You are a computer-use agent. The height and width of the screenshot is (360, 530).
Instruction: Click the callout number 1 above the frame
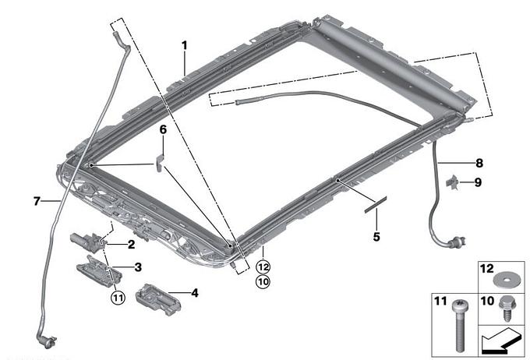point(184,45)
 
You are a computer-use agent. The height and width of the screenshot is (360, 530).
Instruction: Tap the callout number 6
point(163,129)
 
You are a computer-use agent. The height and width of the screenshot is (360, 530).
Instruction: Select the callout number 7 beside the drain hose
point(37,202)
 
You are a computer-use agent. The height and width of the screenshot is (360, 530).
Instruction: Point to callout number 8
point(479,164)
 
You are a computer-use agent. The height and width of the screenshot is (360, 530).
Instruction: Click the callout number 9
point(478,182)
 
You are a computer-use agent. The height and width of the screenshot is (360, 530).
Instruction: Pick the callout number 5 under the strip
point(376,237)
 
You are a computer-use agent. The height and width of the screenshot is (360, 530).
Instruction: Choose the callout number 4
point(195,293)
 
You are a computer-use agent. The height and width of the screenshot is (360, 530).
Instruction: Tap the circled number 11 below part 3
point(118,298)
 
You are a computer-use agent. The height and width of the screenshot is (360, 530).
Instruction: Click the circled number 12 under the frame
point(263,267)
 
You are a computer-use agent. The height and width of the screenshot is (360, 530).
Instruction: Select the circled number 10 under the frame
point(263,281)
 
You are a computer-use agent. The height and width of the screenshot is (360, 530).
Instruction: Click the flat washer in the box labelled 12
point(506,281)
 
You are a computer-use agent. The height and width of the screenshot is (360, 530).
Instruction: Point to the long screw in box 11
point(459,325)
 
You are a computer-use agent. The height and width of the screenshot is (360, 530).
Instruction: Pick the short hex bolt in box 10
point(506,308)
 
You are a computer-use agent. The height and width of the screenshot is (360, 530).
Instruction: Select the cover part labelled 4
point(157,298)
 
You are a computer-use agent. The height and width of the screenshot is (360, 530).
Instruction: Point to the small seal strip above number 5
point(375,204)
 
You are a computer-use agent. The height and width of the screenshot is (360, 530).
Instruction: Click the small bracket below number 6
point(160,163)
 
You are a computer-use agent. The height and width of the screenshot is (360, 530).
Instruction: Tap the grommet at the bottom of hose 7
point(47,341)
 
